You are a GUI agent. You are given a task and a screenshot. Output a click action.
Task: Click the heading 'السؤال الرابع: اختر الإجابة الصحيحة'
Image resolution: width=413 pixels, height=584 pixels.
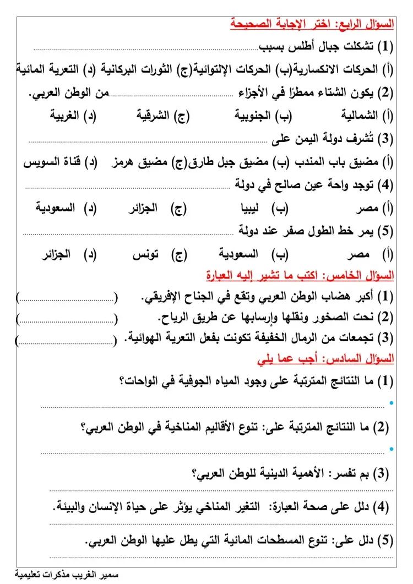[312, 24]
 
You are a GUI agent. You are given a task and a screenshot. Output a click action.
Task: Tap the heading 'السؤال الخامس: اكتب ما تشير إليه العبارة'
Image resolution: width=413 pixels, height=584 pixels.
[300, 275]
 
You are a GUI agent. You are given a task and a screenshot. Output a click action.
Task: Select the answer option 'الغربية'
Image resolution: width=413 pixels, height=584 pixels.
[64, 116]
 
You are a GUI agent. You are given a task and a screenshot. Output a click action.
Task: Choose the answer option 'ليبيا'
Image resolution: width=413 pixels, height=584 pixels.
[255, 209]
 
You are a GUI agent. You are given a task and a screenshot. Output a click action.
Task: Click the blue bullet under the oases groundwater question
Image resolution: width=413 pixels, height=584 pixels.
[391, 403]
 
